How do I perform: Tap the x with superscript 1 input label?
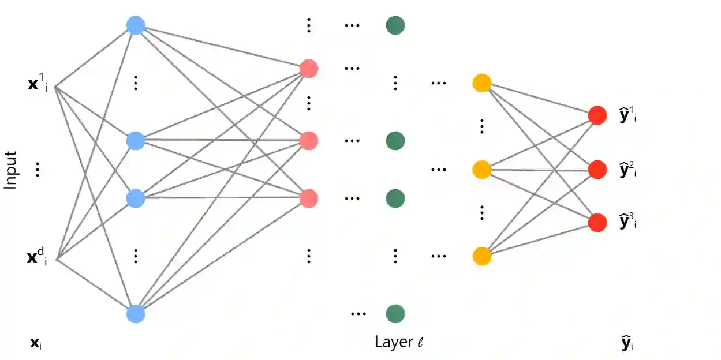(x=38, y=85)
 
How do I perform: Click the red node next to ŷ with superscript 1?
(x=597, y=115)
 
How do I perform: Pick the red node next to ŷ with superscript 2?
(x=597, y=170)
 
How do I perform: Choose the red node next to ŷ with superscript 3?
(x=597, y=223)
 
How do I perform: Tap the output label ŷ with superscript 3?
(x=628, y=222)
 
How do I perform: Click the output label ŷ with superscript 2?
(x=628, y=170)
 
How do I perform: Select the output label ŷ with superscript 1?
(x=628, y=115)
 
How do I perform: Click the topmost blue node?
(x=136, y=25)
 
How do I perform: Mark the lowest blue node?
(x=136, y=314)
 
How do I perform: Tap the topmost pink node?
(x=309, y=69)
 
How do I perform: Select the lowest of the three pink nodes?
(x=309, y=198)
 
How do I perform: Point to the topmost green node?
(x=395, y=25)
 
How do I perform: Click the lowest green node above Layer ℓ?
(x=395, y=314)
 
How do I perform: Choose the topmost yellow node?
(x=481, y=83)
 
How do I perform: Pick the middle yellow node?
(x=481, y=170)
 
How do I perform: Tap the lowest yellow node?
(x=481, y=256)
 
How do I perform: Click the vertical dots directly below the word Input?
(x=38, y=170)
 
